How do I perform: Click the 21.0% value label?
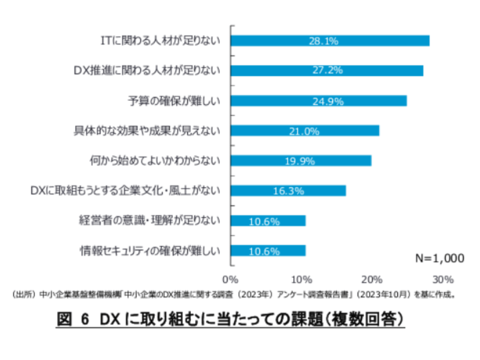point(303,131)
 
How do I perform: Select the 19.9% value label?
point(299,161)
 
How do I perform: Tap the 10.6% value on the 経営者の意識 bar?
point(264,221)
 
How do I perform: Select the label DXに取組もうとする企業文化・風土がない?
point(125,191)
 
